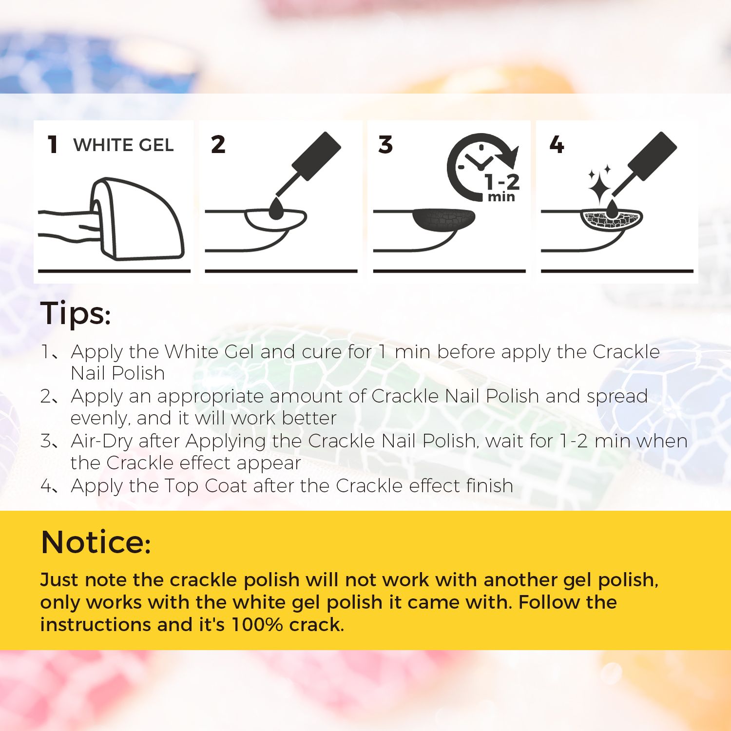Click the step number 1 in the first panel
pyautogui.click(x=53, y=145)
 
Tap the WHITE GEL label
pyautogui.click(x=123, y=145)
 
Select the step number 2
pyautogui.click(x=218, y=145)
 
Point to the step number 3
pyautogui.click(x=385, y=145)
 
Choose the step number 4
pyautogui.click(x=557, y=145)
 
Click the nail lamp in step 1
pyautogui.click(x=137, y=218)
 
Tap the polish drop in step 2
pyautogui.click(x=276, y=209)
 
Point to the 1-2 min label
pyautogui.click(x=502, y=188)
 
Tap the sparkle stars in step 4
pyautogui.click(x=599, y=184)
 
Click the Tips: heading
pyautogui.click(x=76, y=313)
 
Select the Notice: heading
pyautogui.click(x=96, y=542)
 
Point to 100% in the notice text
pyautogui.click(x=257, y=624)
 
